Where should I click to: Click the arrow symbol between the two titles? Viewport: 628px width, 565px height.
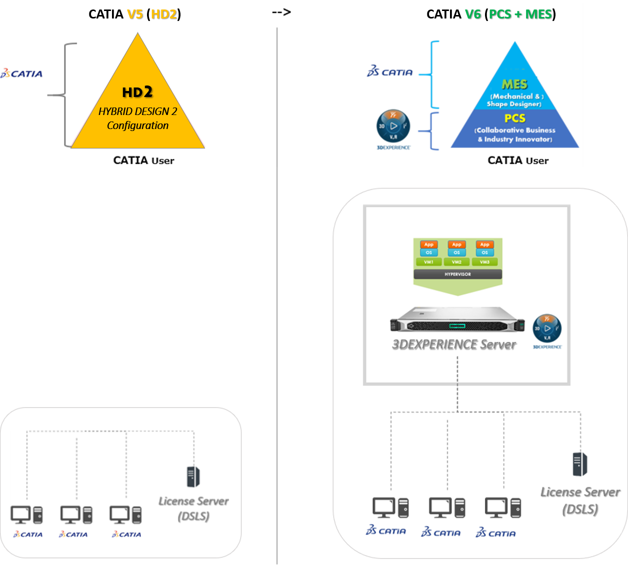pyautogui.click(x=281, y=12)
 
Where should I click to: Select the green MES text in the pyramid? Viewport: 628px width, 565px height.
pyautogui.click(x=514, y=84)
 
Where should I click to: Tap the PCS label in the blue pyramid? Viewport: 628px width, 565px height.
pyautogui.click(x=514, y=118)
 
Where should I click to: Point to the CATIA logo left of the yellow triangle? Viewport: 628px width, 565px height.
pyautogui.click(x=21, y=73)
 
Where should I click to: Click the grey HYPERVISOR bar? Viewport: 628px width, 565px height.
pyautogui.click(x=457, y=274)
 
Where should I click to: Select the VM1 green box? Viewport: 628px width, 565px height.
pyautogui.click(x=428, y=262)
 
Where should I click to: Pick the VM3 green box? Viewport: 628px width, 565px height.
pyautogui.click(x=484, y=262)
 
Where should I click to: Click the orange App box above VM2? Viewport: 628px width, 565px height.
pyautogui.click(x=456, y=244)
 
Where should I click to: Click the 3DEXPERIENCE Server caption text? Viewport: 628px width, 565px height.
pyautogui.click(x=454, y=344)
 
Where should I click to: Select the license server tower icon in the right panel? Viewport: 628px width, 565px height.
pyautogui.click(x=580, y=464)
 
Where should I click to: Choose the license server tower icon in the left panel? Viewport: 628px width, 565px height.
pyautogui.click(x=193, y=476)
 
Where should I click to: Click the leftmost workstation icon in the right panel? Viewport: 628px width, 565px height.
pyautogui.click(x=390, y=508)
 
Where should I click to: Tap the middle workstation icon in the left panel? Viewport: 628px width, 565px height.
pyautogui.click(x=76, y=514)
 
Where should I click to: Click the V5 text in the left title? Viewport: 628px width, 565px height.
pyautogui.click(x=135, y=14)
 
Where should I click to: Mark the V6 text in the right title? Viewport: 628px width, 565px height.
pyautogui.click(x=472, y=14)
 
